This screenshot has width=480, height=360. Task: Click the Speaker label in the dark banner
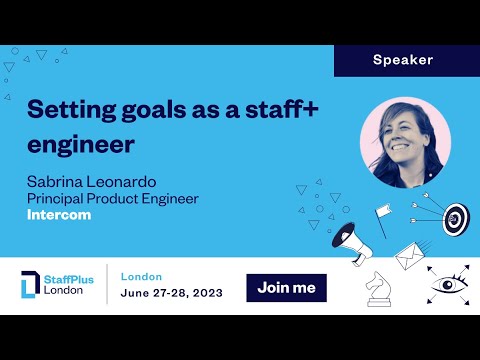[x=403, y=60]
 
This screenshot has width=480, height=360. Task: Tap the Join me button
[x=286, y=288]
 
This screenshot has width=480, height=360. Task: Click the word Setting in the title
[x=62, y=109]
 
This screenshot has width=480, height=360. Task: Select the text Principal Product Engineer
[x=112, y=198]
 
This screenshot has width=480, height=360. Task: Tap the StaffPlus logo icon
[x=31, y=286]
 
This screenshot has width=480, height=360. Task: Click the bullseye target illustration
[x=454, y=217]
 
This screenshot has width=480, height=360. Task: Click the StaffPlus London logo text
[x=69, y=286]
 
